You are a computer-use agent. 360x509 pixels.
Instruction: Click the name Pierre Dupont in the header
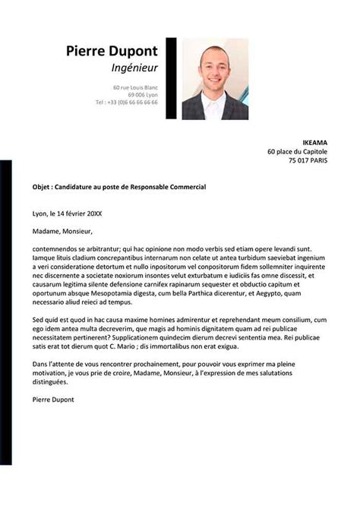(112, 51)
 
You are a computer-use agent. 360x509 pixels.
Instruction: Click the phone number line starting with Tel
(127, 102)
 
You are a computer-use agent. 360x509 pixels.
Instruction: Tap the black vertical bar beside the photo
(171, 79)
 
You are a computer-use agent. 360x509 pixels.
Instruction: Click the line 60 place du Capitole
(299, 151)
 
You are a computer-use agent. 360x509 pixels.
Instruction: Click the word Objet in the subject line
(43, 186)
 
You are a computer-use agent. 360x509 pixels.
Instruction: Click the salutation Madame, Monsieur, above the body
(62, 232)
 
